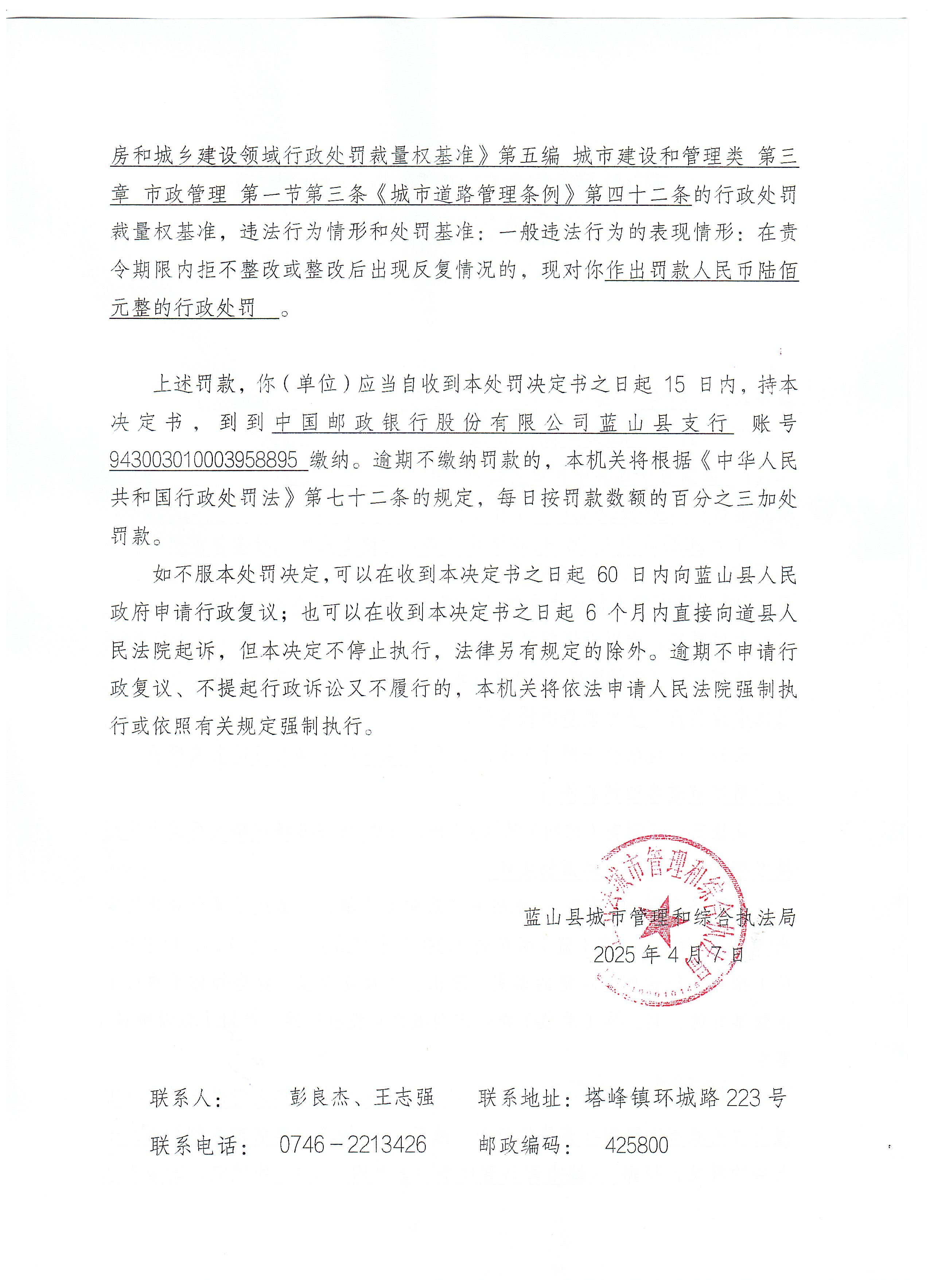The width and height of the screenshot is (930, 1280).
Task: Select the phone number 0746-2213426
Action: tap(353, 1145)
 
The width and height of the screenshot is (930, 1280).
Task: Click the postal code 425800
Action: tap(636, 1145)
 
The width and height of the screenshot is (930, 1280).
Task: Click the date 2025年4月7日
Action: tap(669, 955)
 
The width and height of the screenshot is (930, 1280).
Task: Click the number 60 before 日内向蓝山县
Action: tap(607, 575)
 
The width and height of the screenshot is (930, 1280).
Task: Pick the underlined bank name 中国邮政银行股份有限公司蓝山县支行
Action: tap(502, 423)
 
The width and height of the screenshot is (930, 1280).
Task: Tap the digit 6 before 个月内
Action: tap(591, 613)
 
